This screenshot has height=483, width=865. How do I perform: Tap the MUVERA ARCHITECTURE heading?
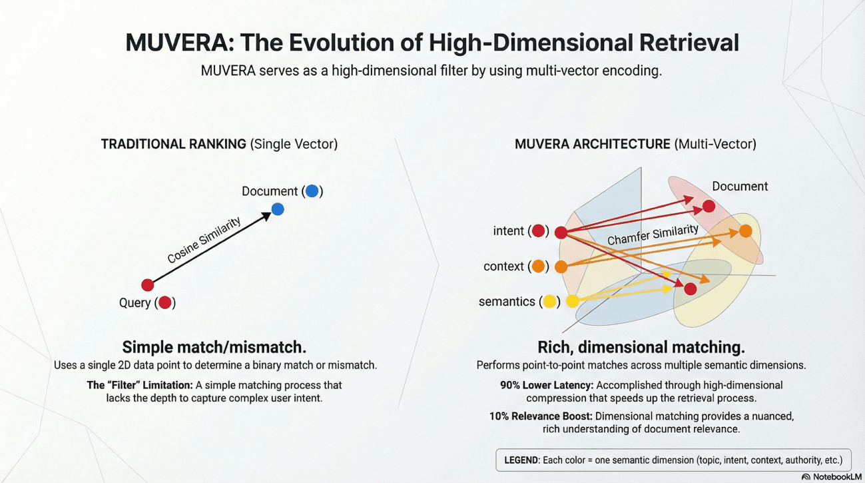[593, 144]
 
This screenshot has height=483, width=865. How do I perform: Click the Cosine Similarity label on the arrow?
[204, 241]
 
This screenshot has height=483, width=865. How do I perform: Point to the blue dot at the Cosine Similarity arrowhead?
[278, 209]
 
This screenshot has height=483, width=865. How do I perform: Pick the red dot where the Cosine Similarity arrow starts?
[148, 285]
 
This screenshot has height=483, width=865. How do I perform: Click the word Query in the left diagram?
[135, 303]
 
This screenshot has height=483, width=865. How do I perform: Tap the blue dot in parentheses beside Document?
[312, 192]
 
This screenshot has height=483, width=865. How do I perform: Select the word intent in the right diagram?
[509, 231]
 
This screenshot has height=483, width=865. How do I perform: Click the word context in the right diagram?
[503, 266]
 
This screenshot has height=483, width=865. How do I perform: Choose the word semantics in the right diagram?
[507, 302]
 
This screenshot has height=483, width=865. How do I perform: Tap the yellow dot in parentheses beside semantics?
[549, 302]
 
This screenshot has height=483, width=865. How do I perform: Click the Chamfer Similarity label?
[653, 235]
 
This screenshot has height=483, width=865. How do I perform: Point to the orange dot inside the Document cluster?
[745, 231]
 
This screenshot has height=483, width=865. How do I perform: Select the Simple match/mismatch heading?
[214, 347]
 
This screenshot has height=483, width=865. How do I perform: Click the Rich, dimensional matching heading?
[641, 347]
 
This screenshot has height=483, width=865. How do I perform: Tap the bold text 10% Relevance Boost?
[541, 416]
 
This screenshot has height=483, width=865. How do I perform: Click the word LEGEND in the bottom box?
[521, 460]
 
